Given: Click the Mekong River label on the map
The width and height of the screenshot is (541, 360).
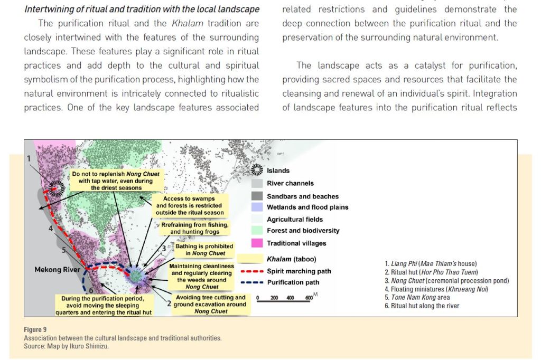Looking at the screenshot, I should point(57,270).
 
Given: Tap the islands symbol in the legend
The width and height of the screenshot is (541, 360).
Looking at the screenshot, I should point(257,170).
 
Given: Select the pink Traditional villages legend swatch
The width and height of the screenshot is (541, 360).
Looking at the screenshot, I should point(257,243).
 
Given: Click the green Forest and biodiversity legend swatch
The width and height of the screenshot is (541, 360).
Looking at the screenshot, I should point(257,231).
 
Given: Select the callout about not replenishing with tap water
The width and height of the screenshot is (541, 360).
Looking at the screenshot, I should point(116,181).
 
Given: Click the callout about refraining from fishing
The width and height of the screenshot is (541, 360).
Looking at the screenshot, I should point(195,228).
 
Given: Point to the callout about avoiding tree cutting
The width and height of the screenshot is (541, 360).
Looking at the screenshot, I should point(210,305).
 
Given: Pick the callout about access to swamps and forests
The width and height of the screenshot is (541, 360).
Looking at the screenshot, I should point(189,205).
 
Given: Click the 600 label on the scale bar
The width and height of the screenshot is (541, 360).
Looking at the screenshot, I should point(309,298).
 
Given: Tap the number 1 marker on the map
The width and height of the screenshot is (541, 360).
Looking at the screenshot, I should point(29,158).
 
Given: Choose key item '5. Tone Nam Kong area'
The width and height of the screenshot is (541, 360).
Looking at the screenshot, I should point(417,297).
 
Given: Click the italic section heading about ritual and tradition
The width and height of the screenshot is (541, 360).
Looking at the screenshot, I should point(142,10).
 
